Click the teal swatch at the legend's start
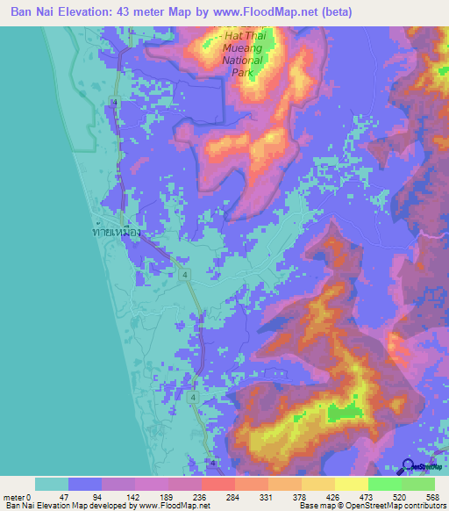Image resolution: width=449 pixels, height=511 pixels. pyautogui.click(x=51, y=484)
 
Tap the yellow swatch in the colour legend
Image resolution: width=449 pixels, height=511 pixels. pyautogui.click(x=352, y=484)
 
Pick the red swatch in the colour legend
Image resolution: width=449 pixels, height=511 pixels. pyautogui.click(x=217, y=484)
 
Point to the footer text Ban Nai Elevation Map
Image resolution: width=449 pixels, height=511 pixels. pyautogui.click(x=44, y=506)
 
